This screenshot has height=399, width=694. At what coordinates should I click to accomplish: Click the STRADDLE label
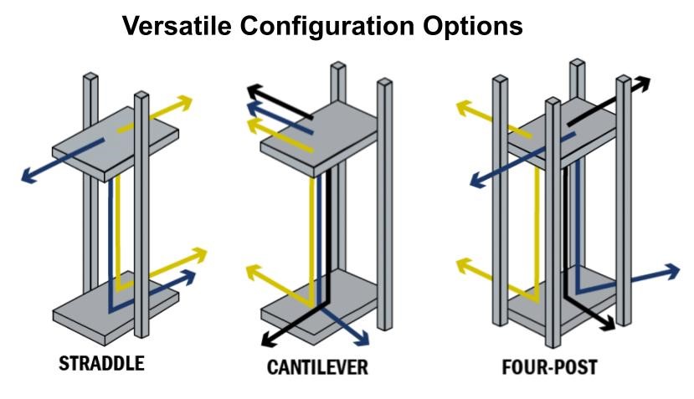click(x=101, y=364)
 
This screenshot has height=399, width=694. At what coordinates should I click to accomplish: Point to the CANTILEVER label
click(x=317, y=367)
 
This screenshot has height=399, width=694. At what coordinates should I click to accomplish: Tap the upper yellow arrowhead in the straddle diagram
click(x=187, y=102)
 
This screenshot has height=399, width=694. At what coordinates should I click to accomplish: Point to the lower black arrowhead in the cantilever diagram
click(x=267, y=340)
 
